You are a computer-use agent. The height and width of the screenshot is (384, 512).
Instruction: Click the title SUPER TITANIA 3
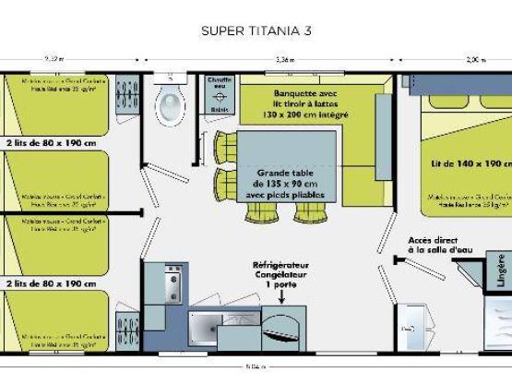(256, 30)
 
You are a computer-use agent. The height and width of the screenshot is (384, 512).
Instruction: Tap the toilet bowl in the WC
(171, 107)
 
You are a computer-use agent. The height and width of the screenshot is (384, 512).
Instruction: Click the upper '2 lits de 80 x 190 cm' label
(50, 144)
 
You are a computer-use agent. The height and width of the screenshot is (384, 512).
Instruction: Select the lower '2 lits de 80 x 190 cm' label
(50, 283)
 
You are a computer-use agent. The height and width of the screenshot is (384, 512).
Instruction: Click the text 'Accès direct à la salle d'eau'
(434, 246)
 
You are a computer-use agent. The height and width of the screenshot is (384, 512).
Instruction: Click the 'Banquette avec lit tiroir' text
(305, 102)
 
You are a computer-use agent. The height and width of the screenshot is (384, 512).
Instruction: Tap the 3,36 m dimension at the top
(285, 59)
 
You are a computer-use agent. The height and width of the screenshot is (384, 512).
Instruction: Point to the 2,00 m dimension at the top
(475, 59)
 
